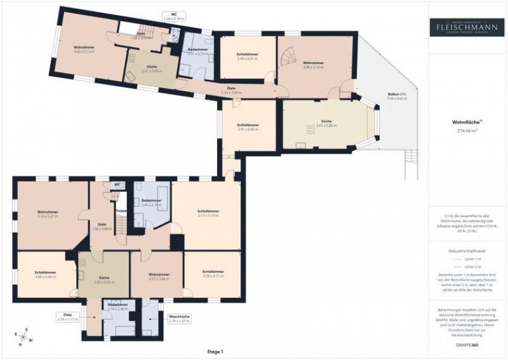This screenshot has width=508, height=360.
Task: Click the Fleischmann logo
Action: [467, 27]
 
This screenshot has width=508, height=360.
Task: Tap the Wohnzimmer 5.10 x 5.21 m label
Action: [48, 214]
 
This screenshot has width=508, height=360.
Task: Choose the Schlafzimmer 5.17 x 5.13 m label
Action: [208, 213]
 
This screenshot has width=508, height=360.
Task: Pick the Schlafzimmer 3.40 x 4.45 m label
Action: [46, 275]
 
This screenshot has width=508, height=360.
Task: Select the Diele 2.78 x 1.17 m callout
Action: [66, 317]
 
